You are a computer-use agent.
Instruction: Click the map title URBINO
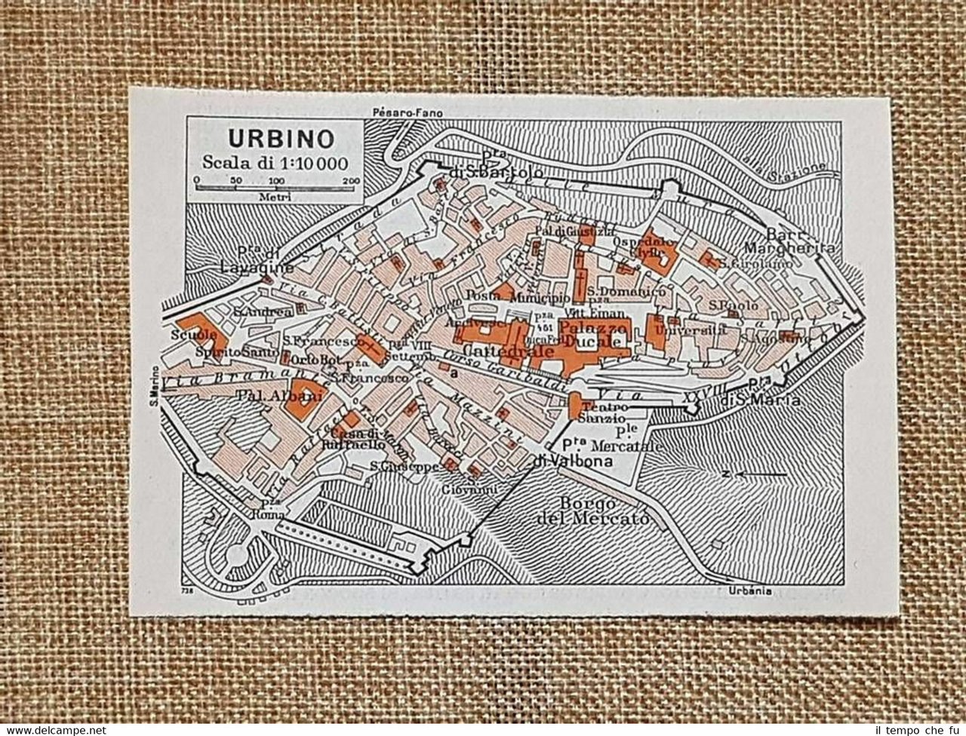pyautogui.click(x=272, y=139)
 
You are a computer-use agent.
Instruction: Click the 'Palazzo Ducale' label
pyautogui.click(x=594, y=334)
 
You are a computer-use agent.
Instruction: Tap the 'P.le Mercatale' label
pyautogui.click(x=625, y=440)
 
